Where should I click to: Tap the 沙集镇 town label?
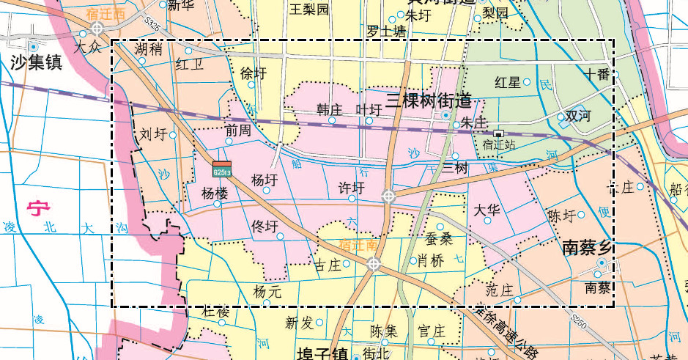35,62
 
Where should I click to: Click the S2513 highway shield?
222,169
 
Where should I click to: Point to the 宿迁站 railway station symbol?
499,133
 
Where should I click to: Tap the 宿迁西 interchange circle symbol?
96,29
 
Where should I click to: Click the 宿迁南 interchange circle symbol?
374,264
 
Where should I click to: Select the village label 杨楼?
215,194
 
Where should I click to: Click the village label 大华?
487,210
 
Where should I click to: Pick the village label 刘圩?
153,134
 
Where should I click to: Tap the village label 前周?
238,131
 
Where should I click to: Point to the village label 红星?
508,81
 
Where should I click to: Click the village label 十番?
596,73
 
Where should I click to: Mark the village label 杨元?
267,291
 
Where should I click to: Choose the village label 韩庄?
329,109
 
